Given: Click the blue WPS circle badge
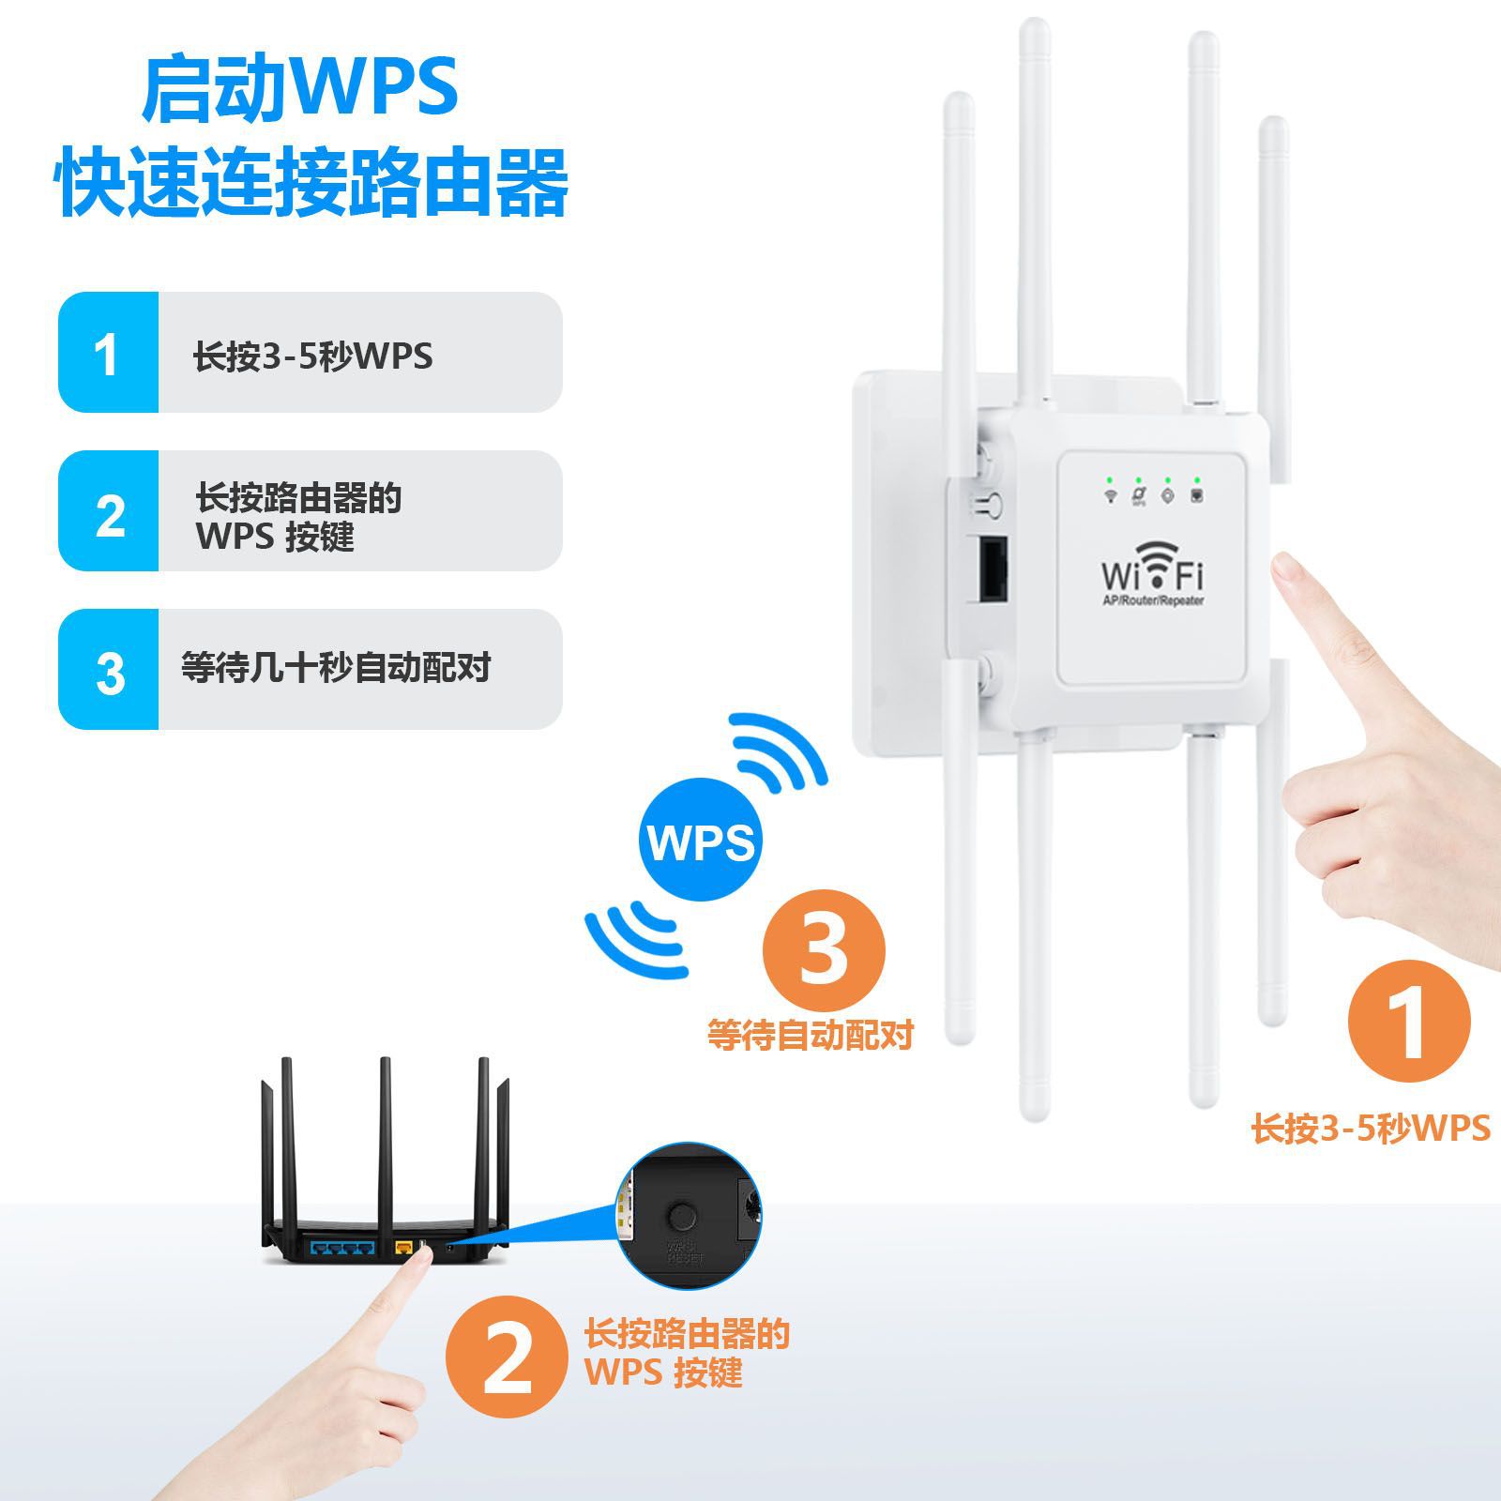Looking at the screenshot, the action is [x=700, y=841].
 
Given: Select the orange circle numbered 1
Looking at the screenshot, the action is [x=1408, y=1022].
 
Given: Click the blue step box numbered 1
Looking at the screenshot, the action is [x=108, y=353].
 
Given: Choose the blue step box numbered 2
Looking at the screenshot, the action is [x=108, y=511].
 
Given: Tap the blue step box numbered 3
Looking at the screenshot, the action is [x=108, y=670].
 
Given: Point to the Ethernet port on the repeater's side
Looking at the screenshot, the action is [x=993, y=569].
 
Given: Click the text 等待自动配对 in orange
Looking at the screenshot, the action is [x=810, y=1035].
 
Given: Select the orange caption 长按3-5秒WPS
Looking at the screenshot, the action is [x=1371, y=1128].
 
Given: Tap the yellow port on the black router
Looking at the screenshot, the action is [x=404, y=1248].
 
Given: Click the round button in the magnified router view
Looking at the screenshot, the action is [x=682, y=1217].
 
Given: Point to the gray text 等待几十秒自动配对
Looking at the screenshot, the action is [x=336, y=669].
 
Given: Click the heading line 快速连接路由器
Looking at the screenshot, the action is [x=313, y=182].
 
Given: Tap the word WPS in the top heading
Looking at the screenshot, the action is [x=374, y=88].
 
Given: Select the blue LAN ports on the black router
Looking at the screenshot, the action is [x=340, y=1249].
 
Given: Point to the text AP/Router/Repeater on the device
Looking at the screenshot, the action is [x=1152, y=600].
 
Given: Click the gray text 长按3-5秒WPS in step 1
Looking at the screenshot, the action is [x=312, y=356].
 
